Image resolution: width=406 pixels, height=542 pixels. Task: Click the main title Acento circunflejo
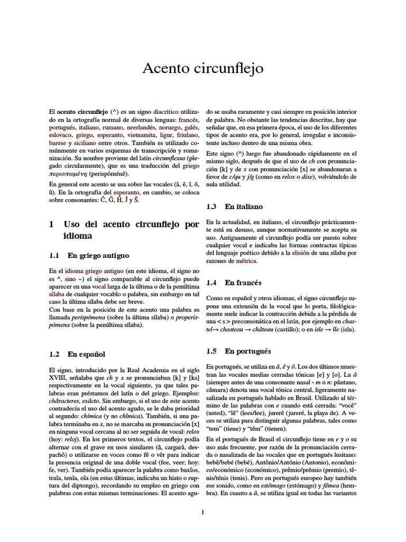coord(203,69)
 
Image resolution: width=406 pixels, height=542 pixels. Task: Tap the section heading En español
coord(87,354)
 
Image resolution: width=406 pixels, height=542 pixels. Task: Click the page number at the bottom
coord(203,512)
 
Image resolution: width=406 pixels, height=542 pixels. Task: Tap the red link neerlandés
coord(128,128)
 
